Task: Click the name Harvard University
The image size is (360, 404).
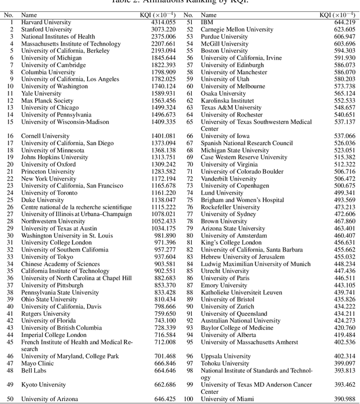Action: point(46,23)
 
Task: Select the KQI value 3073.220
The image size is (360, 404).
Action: point(163,29)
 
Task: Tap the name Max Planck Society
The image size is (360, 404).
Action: point(47,101)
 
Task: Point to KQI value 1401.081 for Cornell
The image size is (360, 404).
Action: point(163,136)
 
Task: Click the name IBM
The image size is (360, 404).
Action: point(207,23)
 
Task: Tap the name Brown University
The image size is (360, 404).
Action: point(224,222)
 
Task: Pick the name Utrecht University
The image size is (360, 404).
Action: point(224,271)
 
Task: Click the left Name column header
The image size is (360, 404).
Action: point(29,15)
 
